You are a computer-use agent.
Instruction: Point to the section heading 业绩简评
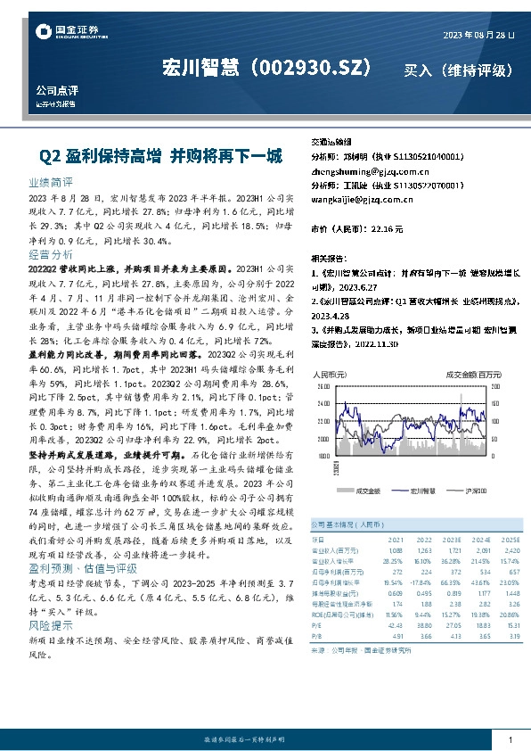[x=50, y=181]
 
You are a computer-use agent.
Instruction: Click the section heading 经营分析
[x=50, y=254]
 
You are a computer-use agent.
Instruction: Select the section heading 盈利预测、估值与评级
[x=83, y=568]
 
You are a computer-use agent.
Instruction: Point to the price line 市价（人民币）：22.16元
[x=356, y=229]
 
